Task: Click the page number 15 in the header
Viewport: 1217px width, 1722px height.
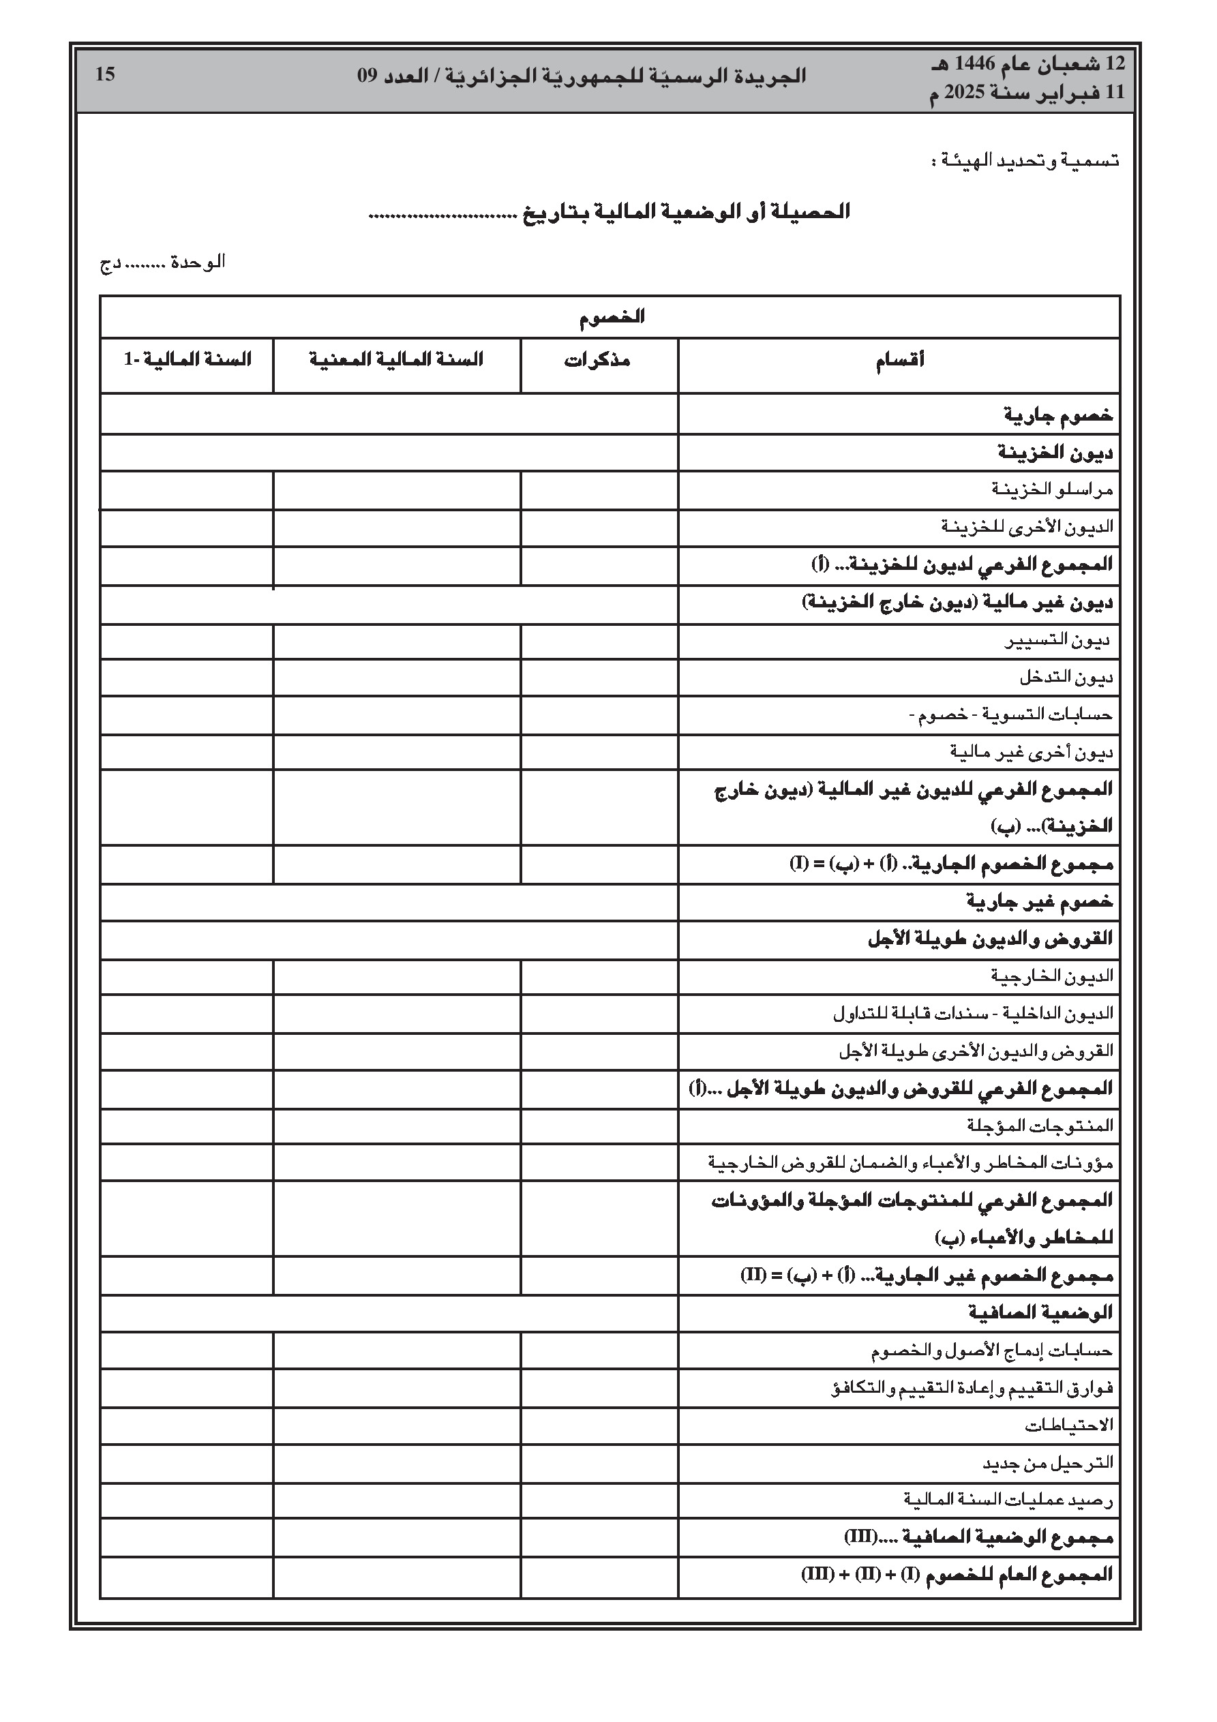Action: (105, 74)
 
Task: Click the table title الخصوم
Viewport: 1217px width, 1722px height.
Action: (612, 317)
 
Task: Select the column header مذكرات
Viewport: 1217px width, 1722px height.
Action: (597, 361)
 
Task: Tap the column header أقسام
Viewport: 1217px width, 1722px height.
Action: (899, 361)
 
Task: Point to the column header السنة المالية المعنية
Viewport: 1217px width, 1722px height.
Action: (396, 360)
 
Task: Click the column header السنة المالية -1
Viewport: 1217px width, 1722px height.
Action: (187, 360)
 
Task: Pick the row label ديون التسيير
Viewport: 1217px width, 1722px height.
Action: (1057, 641)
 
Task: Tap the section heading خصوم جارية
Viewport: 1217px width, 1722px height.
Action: (1059, 414)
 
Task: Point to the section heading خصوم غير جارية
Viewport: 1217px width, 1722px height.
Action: (1040, 901)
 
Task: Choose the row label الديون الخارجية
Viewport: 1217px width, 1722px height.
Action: (1052, 976)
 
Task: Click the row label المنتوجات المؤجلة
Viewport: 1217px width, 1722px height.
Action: (1040, 1126)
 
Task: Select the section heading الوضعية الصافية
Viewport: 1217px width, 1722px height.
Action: (1040, 1313)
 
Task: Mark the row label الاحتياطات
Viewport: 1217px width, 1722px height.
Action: (1069, 1425)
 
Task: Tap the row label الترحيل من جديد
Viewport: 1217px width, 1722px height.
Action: (1048, 1463)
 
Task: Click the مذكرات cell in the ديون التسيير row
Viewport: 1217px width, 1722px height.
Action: (599, 641)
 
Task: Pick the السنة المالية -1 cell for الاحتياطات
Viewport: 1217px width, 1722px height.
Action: (187, 1425)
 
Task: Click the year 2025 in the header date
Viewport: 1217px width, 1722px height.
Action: (969, 93)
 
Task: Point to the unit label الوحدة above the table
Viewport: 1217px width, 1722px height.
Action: (198, 262)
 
